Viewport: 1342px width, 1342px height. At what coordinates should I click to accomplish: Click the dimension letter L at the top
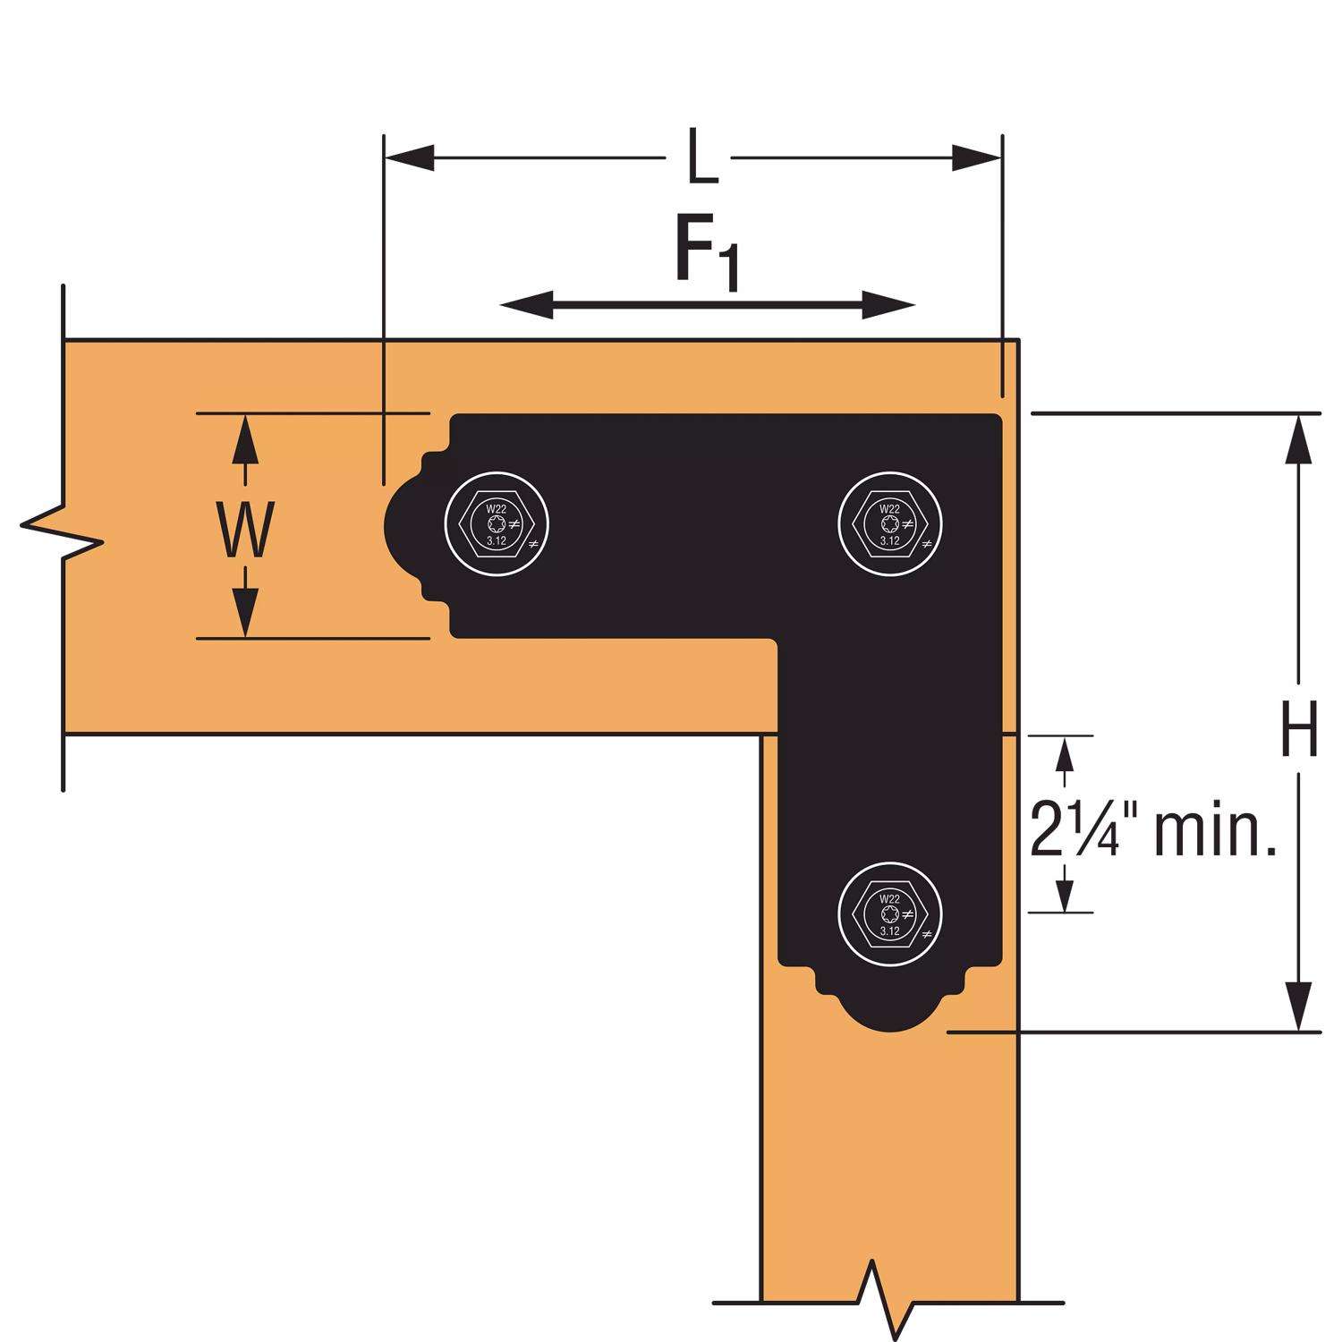pos(703,159)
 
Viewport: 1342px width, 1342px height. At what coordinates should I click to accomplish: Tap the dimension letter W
pos(245,530)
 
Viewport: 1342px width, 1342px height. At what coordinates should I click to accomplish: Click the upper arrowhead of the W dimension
pos(244,438)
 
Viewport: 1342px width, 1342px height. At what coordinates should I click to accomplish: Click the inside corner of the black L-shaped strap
pos(777,639)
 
